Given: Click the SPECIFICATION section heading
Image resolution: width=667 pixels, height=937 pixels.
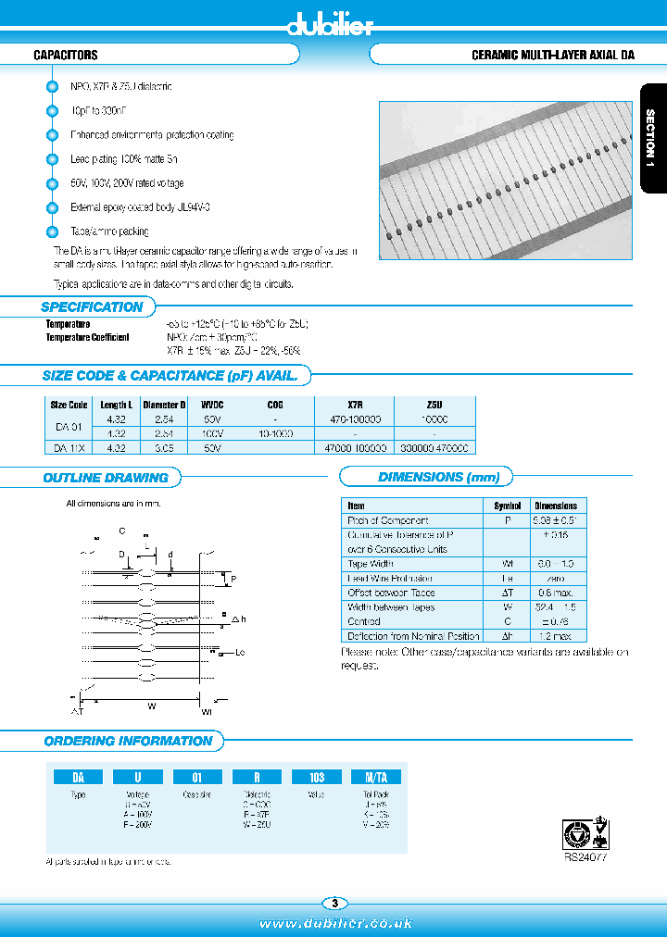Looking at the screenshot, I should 92,307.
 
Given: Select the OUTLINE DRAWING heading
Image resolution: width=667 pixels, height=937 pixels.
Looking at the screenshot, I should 106,478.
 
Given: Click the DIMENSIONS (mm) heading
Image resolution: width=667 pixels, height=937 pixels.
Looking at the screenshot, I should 439,478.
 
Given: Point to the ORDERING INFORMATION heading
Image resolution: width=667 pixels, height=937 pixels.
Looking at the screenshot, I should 128,741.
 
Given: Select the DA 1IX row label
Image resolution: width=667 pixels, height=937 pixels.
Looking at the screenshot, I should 69,447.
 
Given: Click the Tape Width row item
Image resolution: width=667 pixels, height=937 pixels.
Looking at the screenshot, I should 371,564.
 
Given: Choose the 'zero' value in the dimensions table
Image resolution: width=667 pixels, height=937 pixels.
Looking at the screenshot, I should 556,578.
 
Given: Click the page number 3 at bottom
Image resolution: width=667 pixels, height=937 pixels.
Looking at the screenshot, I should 334,904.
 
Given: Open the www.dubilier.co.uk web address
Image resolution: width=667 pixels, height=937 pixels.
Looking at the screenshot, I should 334,923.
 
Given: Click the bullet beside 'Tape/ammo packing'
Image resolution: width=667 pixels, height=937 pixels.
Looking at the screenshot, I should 53,231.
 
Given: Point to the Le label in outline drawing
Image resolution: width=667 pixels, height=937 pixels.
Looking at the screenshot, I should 240,654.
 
